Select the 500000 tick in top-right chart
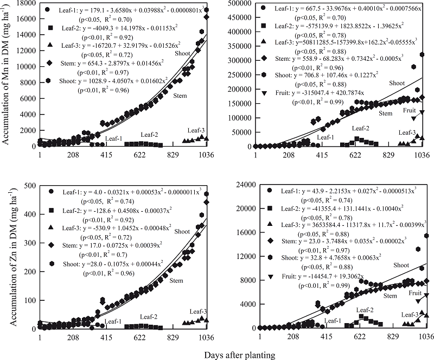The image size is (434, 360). click(242, 3)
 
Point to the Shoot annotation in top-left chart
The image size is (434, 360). click(183, 53)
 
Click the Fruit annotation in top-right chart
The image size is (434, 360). click(410, 110)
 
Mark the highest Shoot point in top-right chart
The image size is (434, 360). click(422, 54)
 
